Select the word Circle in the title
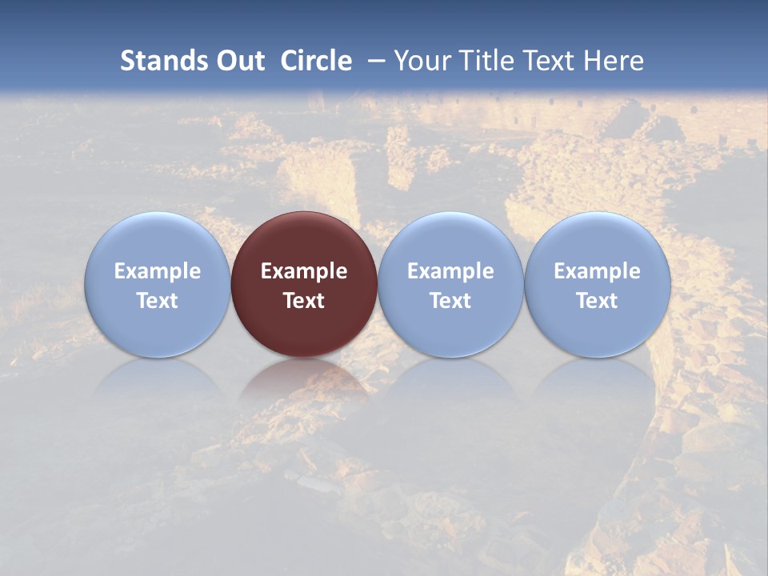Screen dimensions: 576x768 point(315,61)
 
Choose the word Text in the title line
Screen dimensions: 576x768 point(551,61)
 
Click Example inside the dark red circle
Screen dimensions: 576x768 point(304,271)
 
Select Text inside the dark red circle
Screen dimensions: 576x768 point(304,301)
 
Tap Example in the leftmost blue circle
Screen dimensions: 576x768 point(158,271)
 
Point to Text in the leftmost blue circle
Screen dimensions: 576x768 point(158,301)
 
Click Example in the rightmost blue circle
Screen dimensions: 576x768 point(598,271)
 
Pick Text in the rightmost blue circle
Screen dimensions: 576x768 point(598,301)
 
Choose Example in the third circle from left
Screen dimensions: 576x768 point(450,271)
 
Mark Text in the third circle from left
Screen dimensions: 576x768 point(450,301)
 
